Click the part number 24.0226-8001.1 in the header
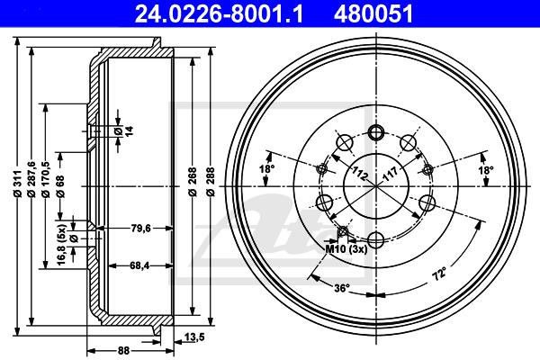click(x=219, y=14)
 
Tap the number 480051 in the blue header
click(x=373, y=14)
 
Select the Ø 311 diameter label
click(x=17, y=184)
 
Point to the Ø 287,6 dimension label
click(x=31, y=179)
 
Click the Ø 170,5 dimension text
click(x=46, y=179)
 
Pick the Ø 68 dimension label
click(x=60, y=186)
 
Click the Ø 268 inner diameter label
click(x=193, y=182)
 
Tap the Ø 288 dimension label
click(x=211, y=182)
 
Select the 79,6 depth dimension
click(x=141, y=228)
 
